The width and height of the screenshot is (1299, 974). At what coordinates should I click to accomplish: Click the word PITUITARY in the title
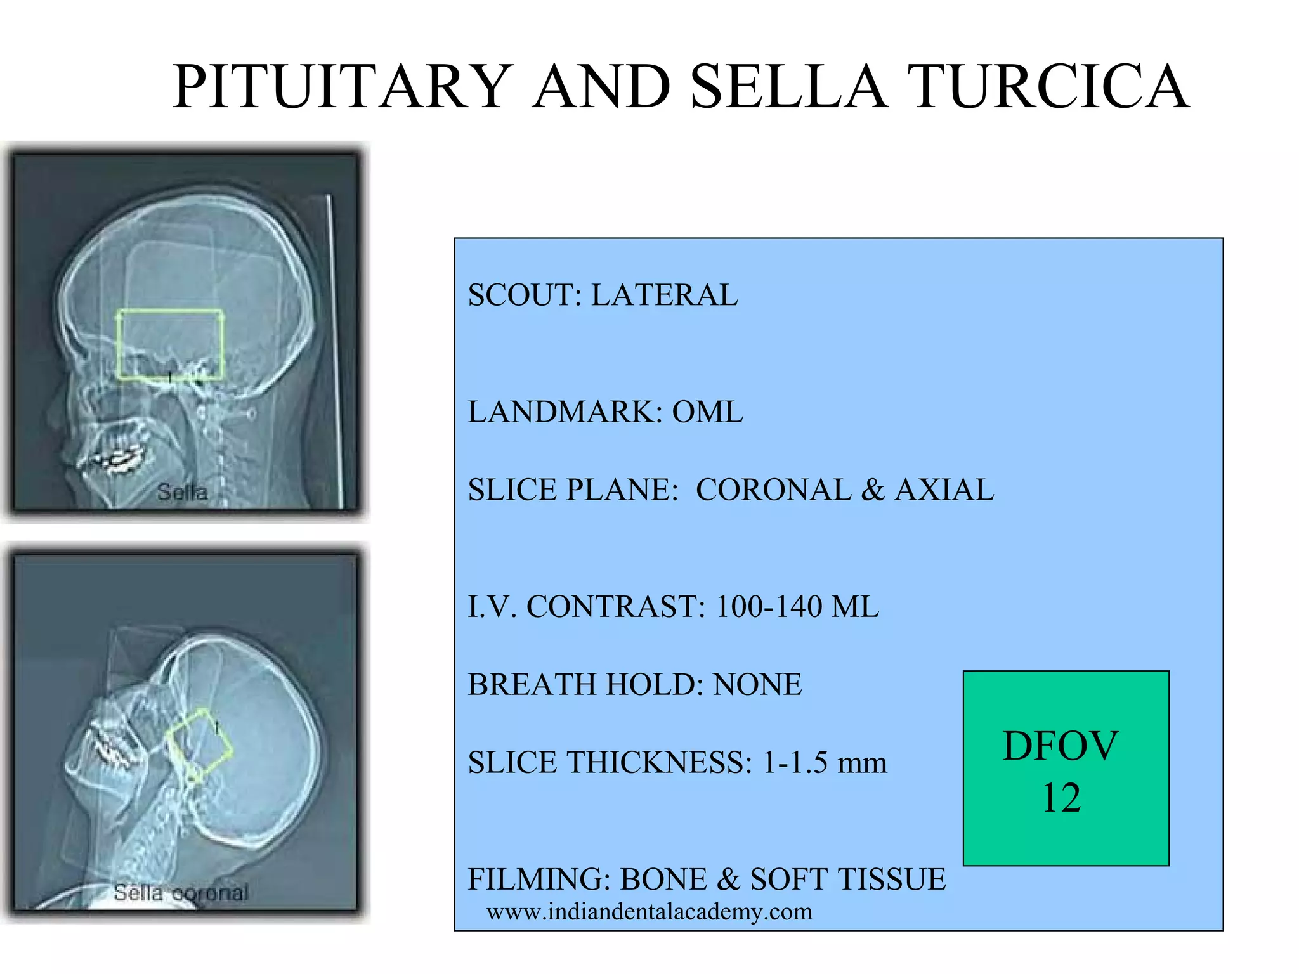(x=343, y=87)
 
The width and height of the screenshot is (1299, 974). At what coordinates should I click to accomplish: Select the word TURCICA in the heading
(x=1047, y=87)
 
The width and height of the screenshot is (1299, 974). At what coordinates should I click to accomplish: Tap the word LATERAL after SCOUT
(x=664, y=295)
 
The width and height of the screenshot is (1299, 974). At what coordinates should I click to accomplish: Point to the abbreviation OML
(x=707, y=412)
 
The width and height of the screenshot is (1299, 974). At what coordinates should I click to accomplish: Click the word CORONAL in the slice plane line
(x=773, y=490)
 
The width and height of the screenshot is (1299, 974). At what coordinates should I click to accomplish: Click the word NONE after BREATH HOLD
(x=757, y=685)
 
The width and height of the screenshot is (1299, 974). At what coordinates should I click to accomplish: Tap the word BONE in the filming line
(x=663, y=880)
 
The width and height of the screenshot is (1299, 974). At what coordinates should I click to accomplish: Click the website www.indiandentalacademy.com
(x=649, y=912)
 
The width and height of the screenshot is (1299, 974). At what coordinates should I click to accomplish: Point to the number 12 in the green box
(x=1061, y=798)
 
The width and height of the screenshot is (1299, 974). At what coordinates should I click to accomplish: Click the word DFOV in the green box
(x=1061, y=746)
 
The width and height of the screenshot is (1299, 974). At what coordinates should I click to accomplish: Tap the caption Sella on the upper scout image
(x=182, y=492)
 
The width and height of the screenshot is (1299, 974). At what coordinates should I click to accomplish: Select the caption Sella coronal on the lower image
(x=181, y=893)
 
